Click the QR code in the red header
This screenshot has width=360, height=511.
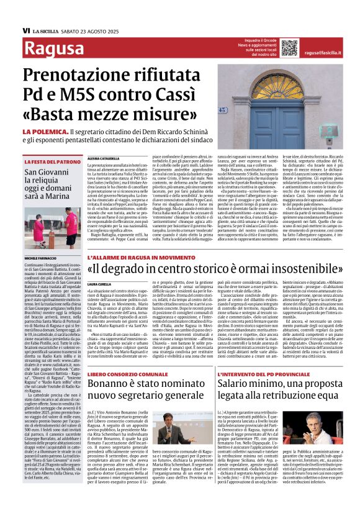coord(289,47)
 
